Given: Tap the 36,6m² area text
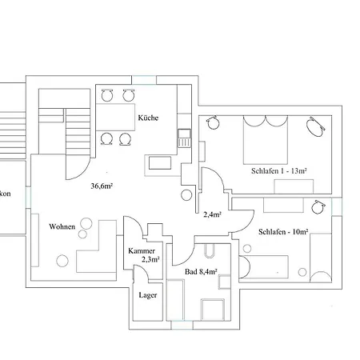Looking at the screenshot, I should (102, 186).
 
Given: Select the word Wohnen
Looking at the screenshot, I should (62, 226).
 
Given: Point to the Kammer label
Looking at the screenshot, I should (142, 250).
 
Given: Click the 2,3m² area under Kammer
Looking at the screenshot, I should (150, 259).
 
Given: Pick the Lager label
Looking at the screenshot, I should (146, 294).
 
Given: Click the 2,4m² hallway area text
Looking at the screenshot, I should (212, 214).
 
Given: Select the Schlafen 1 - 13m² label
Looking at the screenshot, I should (279, 171).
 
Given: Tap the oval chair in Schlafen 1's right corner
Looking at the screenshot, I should (315, 125).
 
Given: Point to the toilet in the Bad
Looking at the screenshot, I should (209, 255).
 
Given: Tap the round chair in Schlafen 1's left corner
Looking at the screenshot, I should (213, 124).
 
